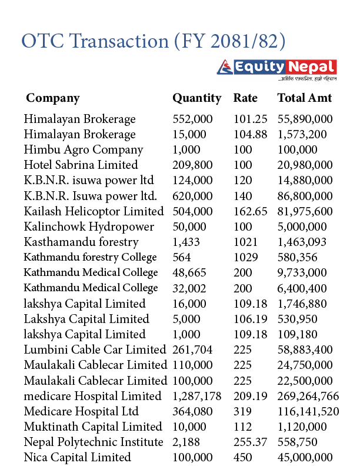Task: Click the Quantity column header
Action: click(x=196, y=98)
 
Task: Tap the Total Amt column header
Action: click(x=305, y=98)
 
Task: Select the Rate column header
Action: click(x=245, y=98)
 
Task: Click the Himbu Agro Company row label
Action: click(x=84, y=149)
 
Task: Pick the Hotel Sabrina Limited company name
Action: click(x=81, y=165)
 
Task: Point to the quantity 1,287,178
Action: click(x=197, y=396)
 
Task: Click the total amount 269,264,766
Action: click(x=308, y=396)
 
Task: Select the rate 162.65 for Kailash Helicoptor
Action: click(x=250, y=211)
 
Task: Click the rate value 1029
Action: click(x=246, y=257)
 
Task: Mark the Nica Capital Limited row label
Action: click(x=77, y=457)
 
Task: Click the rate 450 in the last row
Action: click(x=242, y=457)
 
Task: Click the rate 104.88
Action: click(x=250, y=134)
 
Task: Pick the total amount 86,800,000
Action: click(x=305, y=196)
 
